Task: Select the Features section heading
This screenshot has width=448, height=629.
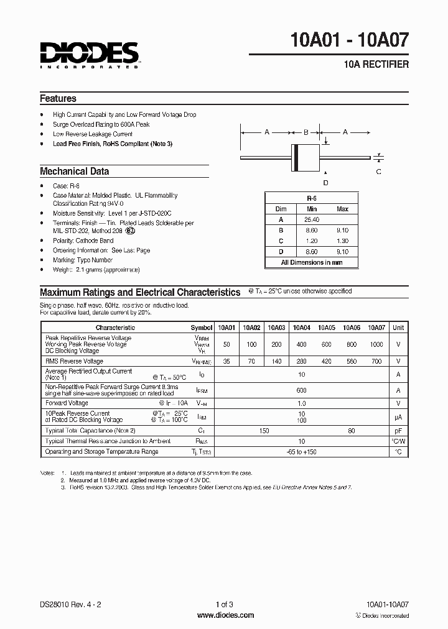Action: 58,98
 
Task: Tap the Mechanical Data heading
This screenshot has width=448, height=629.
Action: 74,171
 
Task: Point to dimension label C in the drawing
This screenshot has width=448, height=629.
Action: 378,172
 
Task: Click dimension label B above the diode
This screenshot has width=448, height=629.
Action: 306,132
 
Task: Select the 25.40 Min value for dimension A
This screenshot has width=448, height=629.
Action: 312,219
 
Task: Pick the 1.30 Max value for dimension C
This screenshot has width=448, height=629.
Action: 342,241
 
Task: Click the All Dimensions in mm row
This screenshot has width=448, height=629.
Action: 312,262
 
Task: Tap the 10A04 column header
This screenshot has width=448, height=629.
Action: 301,327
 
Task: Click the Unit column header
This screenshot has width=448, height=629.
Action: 398,327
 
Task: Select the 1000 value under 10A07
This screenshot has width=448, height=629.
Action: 376,344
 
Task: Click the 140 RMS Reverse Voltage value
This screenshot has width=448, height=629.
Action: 276,360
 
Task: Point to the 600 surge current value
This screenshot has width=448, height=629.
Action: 301,390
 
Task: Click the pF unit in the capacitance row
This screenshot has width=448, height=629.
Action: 398,430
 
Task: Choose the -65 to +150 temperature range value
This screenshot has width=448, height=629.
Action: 301,451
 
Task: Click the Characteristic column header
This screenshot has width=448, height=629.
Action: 115,327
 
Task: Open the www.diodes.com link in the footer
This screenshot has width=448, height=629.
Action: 225,615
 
